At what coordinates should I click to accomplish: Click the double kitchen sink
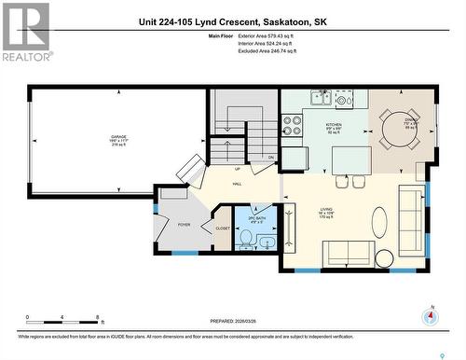(x=322, y=97)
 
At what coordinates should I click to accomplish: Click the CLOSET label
(x=223, y=228)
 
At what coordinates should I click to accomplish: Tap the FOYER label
(x=184, y=224)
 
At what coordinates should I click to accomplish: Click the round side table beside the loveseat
(x=385, y=257)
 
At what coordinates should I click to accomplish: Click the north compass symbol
(x=431, y=316)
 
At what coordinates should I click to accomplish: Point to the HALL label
(x=237, y=185)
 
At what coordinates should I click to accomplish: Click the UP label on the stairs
(x=237, y=169)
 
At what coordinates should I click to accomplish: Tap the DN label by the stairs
(x=271, y=157)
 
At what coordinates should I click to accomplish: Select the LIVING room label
(x=327, y=213)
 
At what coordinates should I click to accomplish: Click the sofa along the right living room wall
(x=410, y=213)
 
